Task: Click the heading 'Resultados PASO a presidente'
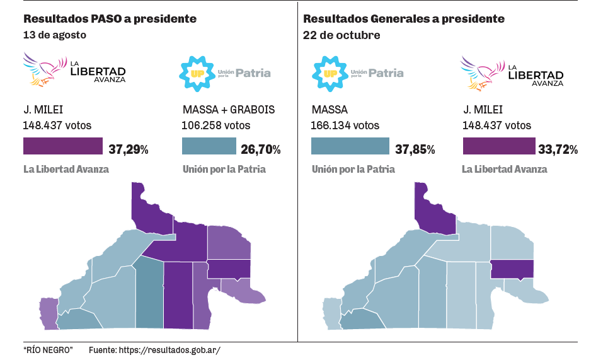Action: [110, 19]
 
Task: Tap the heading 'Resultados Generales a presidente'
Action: [403, 19]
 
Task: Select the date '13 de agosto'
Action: [55, 35]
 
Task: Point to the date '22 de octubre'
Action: [341, 35]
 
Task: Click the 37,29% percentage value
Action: [129, 150]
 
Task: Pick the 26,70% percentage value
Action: [260, 150]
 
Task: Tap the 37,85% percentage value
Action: [415, 150]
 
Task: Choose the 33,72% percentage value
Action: [558, 150]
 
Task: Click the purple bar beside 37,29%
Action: [63, 146]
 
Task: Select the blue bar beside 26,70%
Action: [209, 146]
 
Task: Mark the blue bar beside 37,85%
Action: [350, 146]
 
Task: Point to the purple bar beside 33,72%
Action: [498, 146]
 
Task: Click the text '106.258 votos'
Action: [216, 125]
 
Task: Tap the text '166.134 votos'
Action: [345, 125]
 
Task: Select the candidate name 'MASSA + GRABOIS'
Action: [229, 110]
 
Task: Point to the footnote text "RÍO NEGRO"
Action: [48, 349]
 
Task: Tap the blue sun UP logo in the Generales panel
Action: [328, 73]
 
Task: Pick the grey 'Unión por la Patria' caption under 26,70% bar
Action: [224, 169]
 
